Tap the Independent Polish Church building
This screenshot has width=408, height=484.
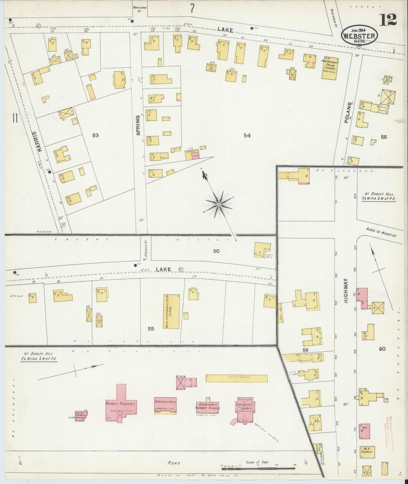329,68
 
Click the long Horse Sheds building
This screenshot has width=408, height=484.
236,378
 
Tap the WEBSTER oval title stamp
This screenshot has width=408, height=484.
359,36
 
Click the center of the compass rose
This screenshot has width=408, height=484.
219,204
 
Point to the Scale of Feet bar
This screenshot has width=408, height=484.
258,468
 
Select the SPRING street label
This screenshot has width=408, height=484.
138,125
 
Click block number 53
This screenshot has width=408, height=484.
95,135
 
